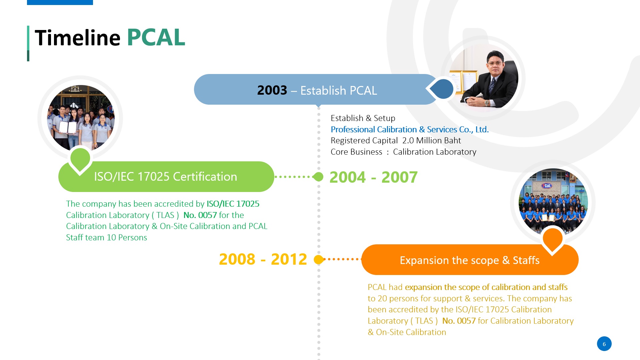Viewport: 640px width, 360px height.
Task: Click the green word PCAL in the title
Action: tap(156, 37)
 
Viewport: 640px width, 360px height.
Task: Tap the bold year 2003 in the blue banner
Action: tap(272, 90)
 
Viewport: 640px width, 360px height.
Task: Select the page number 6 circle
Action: tap(604, 344)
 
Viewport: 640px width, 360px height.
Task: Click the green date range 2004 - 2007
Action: tap(373, 177)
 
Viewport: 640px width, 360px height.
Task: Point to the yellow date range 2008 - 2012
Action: tap(263, 259)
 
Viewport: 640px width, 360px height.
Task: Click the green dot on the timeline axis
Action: tap(319, 177)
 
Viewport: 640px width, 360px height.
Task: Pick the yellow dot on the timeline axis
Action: tap(319, 259)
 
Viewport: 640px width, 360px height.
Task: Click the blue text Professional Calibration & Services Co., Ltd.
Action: tap(410, 129)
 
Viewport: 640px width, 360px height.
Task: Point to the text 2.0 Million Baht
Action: tap(432, 141)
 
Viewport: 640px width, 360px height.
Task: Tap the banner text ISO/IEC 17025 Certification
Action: tap(166, 177)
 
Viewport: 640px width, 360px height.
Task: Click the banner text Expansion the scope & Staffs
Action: tap(470, 260)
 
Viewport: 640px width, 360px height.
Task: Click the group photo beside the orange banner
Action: tap(553, 202)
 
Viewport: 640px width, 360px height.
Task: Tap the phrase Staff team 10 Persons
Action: tap(106, 237)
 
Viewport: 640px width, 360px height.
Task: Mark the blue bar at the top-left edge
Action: tap(60, 2)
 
